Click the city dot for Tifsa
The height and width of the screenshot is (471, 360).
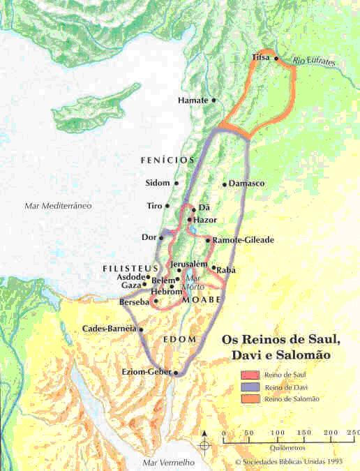(x=276, y=59)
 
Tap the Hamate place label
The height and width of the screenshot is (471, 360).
(x=193, y=100)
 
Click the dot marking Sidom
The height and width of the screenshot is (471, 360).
(x=177, y=184)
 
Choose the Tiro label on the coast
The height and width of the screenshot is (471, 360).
(x=154, y=207)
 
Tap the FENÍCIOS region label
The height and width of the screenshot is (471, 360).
(x=167, y=160)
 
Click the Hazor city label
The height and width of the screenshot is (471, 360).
(x=205, y=219)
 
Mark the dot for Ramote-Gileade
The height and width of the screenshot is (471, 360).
(x=208, y=241)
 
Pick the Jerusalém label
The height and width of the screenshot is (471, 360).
(x=189, y=264)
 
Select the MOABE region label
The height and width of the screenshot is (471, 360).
(x=202, y=299)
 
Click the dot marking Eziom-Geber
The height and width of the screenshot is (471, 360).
(x=176, y=373)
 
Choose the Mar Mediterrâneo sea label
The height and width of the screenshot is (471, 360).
(x=58, y=206)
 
